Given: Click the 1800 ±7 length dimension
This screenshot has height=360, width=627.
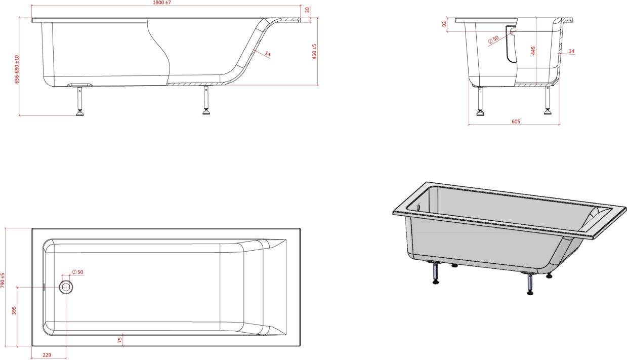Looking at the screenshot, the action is (x=162, y=3).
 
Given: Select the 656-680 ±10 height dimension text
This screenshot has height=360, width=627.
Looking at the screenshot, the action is (x=17, y=69).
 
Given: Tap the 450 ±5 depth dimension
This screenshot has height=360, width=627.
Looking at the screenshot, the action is (x=314, y=52).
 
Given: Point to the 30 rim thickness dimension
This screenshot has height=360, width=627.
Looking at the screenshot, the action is (x=307, y=10).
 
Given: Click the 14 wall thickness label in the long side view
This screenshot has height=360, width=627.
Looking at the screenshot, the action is (x=268, y=54).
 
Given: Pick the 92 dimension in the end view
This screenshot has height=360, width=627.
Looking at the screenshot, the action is (x=444, y=24).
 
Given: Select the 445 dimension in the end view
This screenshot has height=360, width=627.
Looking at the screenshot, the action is (x=533, y=51).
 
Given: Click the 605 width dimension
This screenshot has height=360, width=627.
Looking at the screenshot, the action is (x=516, y=122).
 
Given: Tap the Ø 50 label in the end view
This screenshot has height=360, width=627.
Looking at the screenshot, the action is (x=493, y=39).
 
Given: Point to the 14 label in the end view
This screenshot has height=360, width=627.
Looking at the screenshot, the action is (x=571, y=51).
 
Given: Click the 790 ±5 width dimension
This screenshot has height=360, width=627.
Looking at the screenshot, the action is (x=3, y=281).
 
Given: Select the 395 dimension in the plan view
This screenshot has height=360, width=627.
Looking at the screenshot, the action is (x=14, y=310).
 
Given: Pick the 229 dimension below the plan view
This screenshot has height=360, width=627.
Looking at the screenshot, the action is (x=47, y=355).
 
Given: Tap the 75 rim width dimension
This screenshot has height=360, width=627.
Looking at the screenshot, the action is (x=120, y=340).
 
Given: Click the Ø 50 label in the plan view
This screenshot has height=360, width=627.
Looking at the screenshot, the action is (x=77, y=272).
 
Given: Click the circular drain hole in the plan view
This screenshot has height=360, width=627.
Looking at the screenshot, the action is (x=66, y=287).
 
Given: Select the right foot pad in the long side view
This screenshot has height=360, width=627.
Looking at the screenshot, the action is (x=206, y=112).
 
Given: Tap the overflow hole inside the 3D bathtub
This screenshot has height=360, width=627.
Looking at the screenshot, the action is (x=419, y=207).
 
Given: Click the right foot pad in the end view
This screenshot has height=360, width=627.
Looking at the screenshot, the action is (x=548, y=112).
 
